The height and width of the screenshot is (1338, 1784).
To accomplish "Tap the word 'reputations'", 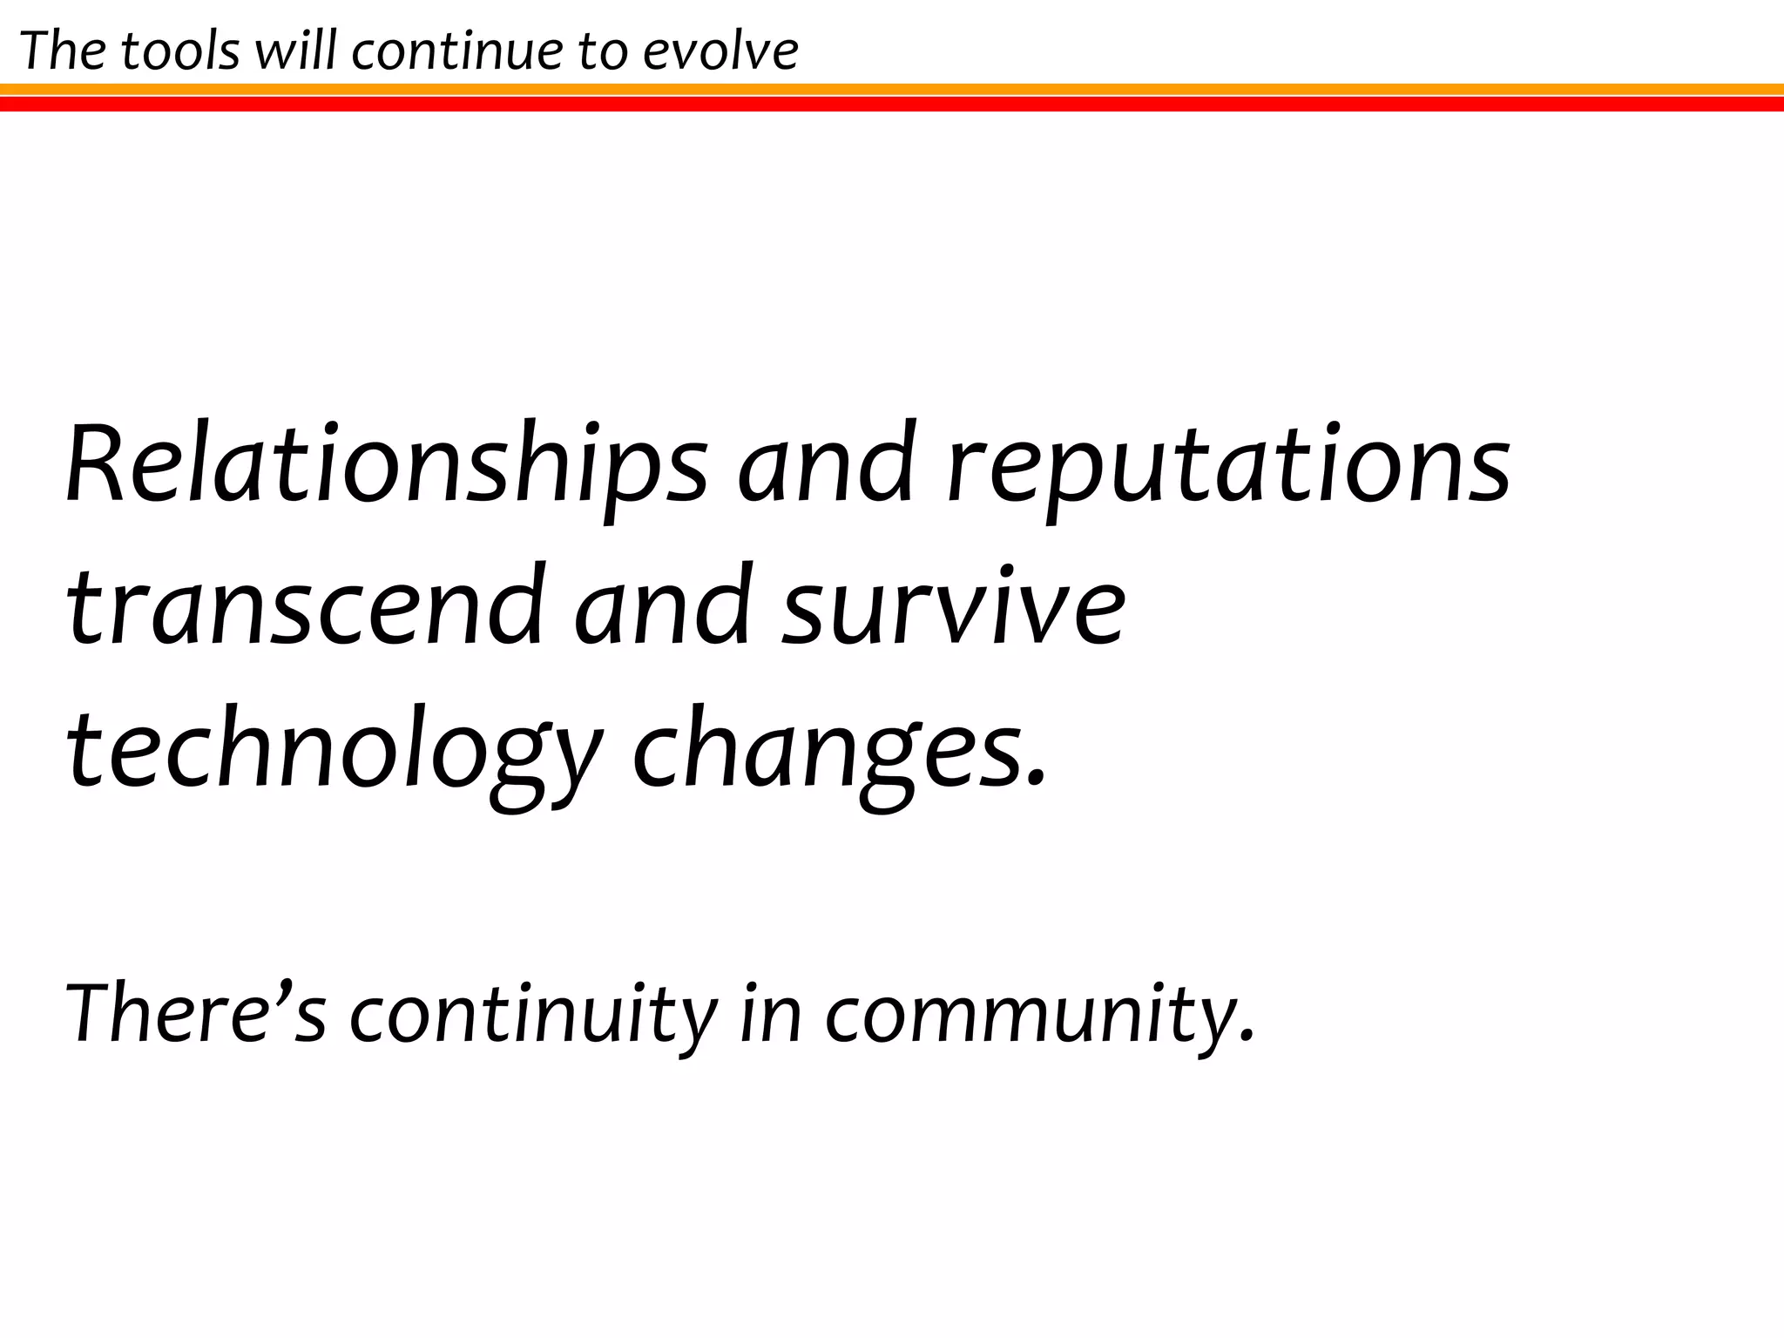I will click(x=1229, y=470).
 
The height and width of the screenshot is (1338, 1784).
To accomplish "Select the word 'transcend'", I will click(x=304, y=607).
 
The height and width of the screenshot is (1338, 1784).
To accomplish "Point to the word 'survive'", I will click(x=953, y=607).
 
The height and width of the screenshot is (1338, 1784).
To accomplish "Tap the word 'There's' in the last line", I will click(x=196, y=1013).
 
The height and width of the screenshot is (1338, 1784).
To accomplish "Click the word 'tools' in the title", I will click(x=180, y=51).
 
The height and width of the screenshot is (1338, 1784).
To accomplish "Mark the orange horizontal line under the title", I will click(x=892, y=89).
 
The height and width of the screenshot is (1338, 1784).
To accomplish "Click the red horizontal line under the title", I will click(x=892, y=105).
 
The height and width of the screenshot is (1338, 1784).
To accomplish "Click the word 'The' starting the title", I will click(x=62, y=51).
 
